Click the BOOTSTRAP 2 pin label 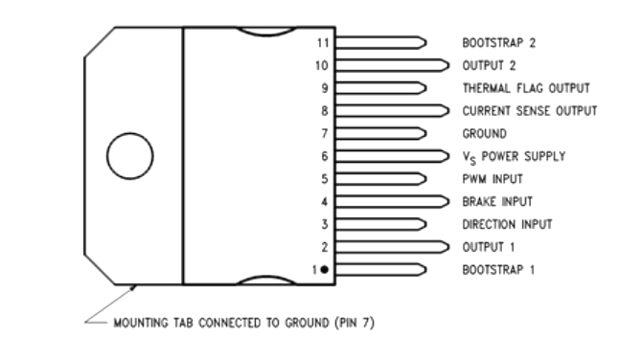[x=498, y=43]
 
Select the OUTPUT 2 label [x=490, y=66]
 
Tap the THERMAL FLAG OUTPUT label [x=526, y=88]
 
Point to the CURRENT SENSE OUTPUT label [x=530, y=111]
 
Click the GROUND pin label [x=485, y=134]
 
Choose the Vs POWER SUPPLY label [x=514, y=156]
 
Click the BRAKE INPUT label [x=497, y=202]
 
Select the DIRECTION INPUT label [x=507, y=224]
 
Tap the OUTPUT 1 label [x=489, y=247]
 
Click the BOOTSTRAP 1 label [x=498, y=270]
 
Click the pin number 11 [x=322, y=43]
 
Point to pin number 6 [x=324, y=156]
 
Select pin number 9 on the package [x=324, y=88]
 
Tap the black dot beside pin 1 [x=325, y=270]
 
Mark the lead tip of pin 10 [x=445, y=66]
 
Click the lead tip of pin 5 [x=422, y=179]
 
